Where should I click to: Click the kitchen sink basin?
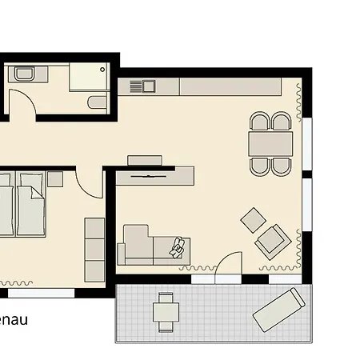point(149,86)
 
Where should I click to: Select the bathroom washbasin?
point(24,74)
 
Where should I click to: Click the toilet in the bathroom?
point(98,102)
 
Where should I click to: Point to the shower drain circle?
point(102,70)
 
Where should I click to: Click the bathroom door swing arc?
point(26,98)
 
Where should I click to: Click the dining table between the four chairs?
point(270,144)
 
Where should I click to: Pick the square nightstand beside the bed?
point(55,179)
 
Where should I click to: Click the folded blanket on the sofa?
point(177,248)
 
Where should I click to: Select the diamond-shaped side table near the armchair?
point(253,220)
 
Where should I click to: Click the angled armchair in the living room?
point(273,242)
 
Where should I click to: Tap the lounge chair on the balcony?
point(279,310)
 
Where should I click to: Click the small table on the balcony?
point(166,312)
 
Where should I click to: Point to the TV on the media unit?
point(148,176)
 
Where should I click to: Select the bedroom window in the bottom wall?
point(42,293)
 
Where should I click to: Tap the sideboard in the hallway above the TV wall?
point(145,160)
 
